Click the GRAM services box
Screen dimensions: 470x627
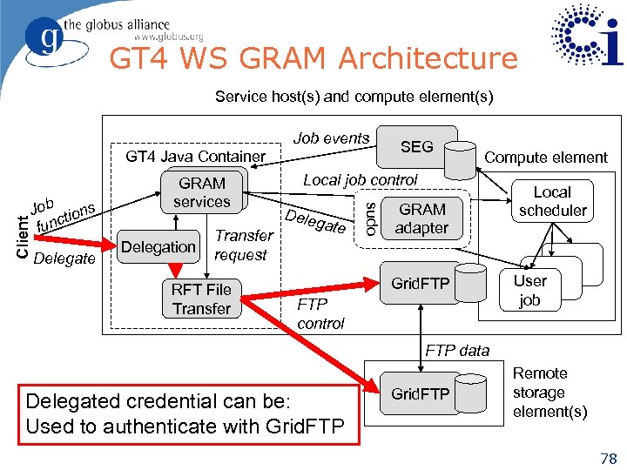coord(202,192)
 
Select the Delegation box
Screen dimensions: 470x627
coord(158,247)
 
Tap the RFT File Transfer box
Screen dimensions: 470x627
coord(201,299)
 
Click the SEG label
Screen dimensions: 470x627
coord(416,147)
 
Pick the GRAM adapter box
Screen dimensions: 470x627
coord(421,218)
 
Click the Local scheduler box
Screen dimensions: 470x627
coord(552,201)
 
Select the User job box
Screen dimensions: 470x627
coord(529,291)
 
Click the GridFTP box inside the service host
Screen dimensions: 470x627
coord(421,284)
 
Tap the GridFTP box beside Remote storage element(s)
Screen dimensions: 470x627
coord(421,394)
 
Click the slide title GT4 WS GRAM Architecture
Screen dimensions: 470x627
coord(313,58)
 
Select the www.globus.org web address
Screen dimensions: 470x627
coord(168,37)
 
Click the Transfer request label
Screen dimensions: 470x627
coord(243,245)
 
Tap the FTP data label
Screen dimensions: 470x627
coord(457,350)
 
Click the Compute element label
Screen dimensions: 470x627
coord(545,158)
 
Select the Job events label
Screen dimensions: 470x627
coord(331,138)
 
